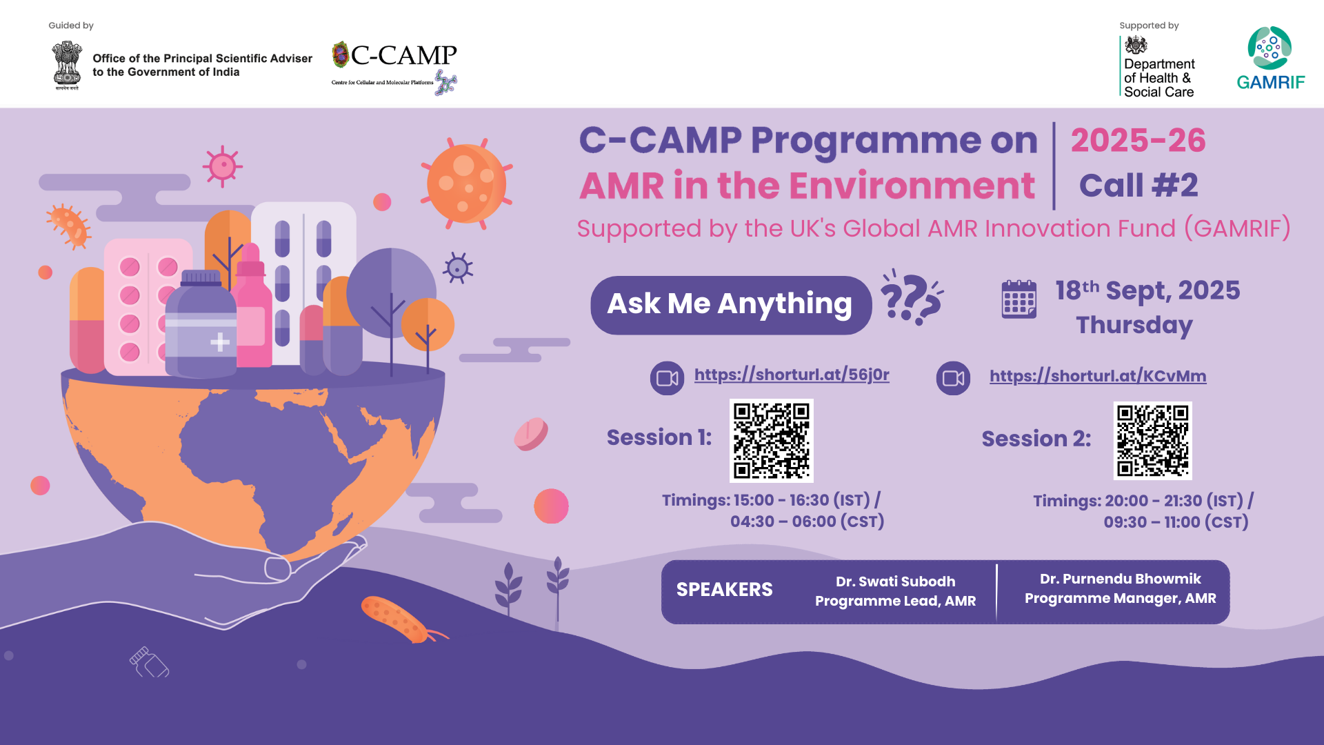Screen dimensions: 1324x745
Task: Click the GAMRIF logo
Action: (x=1270, y=59)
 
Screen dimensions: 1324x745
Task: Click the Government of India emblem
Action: (x=66, y=66)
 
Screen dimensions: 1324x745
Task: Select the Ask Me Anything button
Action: (x=731, y=305)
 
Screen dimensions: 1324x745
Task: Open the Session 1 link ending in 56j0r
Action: (x=792, y=375)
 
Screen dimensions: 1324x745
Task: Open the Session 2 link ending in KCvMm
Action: (x=1098, y=376)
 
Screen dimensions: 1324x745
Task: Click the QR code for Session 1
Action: (x=772, y=441)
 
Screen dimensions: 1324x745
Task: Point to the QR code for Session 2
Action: (x=1152, y=441)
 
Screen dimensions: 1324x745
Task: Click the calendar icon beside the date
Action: (x=1019, y=299)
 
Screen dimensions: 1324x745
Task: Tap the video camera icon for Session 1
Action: (x=667, y=378)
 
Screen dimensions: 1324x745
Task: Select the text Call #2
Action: (x=1139, y=186)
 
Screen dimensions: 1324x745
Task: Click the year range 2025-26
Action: (x=1138, y=140)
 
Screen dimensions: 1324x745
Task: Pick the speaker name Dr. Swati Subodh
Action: (x=895, y=582)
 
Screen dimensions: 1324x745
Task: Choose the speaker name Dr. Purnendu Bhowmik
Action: (x=1120, y=579)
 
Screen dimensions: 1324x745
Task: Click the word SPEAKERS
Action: (x=724, y=590)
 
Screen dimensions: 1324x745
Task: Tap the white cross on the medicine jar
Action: (x=220, y=341)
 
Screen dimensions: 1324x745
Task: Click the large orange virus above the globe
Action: (x=467, y=183)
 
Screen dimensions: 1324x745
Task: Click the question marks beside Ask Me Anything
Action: (x=912, y=297)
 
